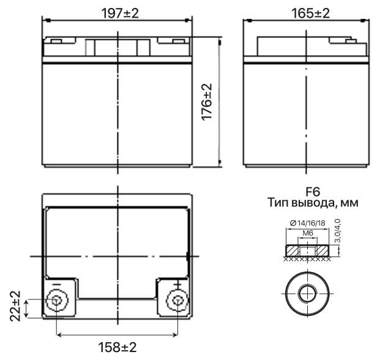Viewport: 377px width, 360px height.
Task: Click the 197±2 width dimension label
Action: click(120, 13)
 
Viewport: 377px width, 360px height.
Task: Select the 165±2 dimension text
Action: click(310, 13)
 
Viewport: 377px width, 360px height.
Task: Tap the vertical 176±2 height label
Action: click(207, 102)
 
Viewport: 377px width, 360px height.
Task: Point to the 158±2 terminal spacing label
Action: click(118, 347)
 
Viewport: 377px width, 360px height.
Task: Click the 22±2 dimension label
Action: click(15, 306)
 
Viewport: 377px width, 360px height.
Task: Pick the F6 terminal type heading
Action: click(313, 192)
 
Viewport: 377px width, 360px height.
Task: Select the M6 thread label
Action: click(307, 233)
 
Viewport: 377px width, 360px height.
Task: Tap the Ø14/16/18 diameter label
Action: click(307, 223)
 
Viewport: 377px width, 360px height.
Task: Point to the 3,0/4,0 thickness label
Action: click(337, 230)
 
